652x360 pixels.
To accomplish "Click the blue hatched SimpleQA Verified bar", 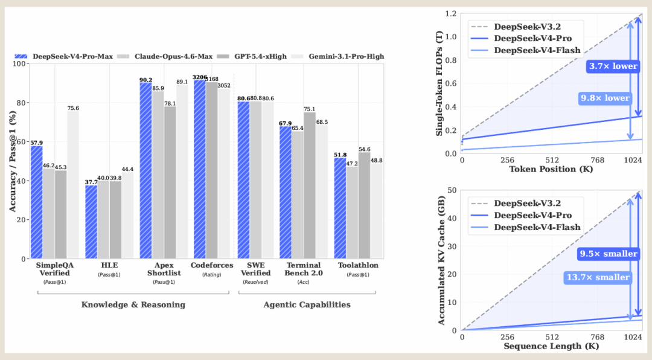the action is tap(37, 202).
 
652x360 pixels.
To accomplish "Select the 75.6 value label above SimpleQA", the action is tap(73, 108).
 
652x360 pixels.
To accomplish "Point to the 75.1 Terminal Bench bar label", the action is tap(309, 109).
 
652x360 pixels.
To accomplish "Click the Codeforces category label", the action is tap(212, 265).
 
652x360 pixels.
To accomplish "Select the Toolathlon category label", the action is tap(358, 265).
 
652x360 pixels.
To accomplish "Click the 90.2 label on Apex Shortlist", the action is tap(145, 80).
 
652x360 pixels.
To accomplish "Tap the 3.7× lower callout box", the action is tap(613, 66).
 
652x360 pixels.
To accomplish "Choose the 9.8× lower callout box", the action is tap(606, 98).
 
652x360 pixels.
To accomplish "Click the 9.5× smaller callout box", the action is tap(609, 254).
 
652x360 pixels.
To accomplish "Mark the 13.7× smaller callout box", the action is tap(598, 278).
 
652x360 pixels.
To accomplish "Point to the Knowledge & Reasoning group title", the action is tap(133, 304).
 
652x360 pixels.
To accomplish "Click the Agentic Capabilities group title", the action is tap(307, 304).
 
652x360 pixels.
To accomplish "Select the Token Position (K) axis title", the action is tap(551, 169).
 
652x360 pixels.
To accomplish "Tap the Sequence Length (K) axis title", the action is tap(551, 346).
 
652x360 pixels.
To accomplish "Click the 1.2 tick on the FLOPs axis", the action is tap(451, 14).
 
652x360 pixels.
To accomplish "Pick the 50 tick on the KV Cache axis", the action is tap(452, 190).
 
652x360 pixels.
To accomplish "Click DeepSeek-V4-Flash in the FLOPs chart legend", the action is tap(537, 50).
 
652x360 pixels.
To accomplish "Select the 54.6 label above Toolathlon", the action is tap(364, 149).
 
